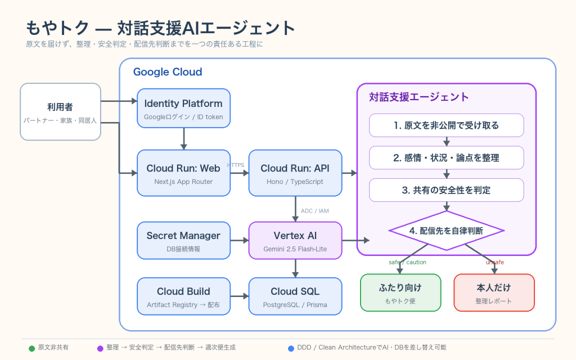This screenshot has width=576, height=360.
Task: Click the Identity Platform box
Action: [184, 109]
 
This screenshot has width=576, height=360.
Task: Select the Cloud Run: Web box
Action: [184, 173]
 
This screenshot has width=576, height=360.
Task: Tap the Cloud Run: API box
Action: [295, 173]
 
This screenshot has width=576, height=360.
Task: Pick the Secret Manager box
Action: [184, 241]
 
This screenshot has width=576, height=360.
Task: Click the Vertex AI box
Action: [295, 241]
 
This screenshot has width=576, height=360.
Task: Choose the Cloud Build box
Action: [184, 296]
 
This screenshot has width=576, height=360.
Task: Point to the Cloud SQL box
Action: [295, 296]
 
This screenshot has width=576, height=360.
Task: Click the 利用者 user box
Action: [60, 112]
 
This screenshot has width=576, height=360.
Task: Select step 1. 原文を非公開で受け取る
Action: [446, 125]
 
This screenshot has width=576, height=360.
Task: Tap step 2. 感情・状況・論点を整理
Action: [446, 157]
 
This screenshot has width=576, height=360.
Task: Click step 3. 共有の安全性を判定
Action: [446, 190]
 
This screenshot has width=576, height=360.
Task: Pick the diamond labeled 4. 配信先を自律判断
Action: [446, 231]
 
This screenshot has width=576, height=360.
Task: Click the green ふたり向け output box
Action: [400, 292]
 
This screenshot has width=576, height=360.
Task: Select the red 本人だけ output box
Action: [494, 292]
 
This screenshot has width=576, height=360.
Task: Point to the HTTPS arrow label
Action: [236, 165]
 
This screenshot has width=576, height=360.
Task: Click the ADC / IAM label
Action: [315, 211]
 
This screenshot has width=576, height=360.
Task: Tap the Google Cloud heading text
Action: [168, 71]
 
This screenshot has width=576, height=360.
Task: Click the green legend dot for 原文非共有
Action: [32, 348]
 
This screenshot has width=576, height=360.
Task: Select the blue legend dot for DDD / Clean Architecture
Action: [291, 348]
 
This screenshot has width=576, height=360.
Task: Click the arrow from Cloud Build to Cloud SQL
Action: [240, 296]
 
